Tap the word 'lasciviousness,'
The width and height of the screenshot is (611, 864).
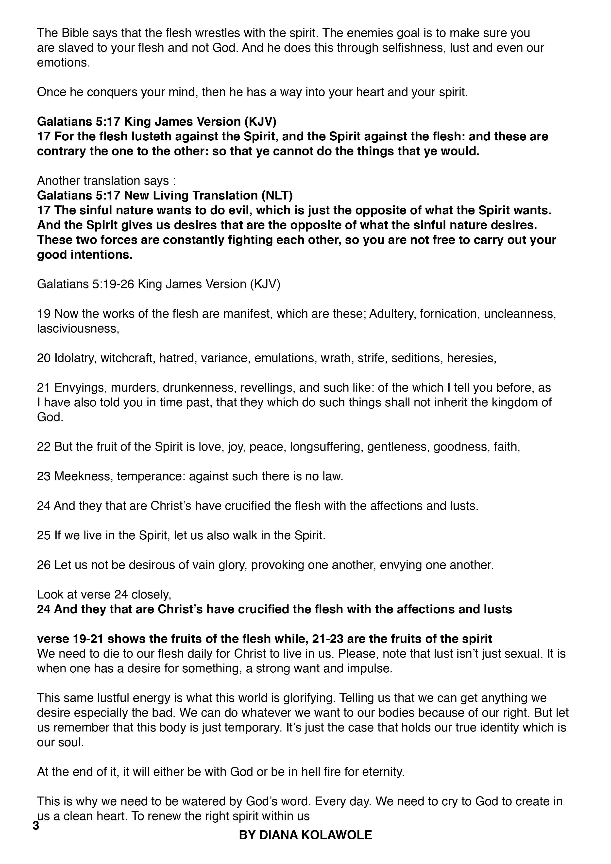pyautogui.click(x=78, y=329)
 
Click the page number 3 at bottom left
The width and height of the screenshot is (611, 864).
pyautogui.click(x=36, y=826)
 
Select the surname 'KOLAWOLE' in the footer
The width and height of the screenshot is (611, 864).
pyautogui.click(x=335, y=835)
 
